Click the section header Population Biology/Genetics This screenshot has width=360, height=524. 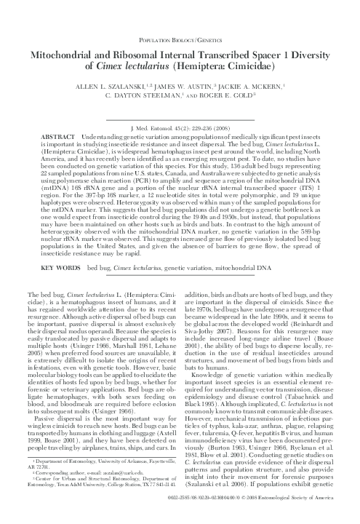click(x=180, y=33)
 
